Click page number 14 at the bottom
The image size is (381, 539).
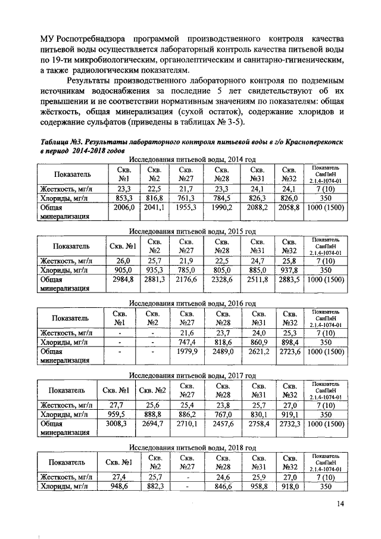(340, 504)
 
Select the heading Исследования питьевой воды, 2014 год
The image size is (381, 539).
(192, 160)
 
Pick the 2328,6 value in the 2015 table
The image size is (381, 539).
(223, 279)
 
